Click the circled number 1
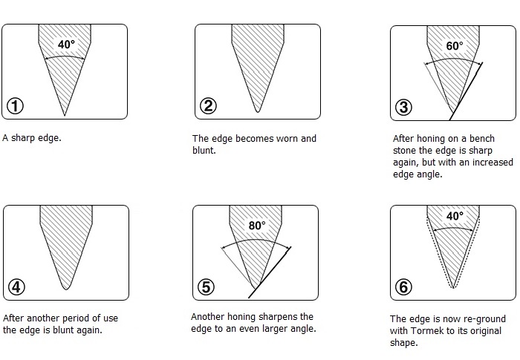pyautogui.click(x=16, y=106)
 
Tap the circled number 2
pyautogui.click(x=208, y=106)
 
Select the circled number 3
pyautogui.click(x=403, y=108)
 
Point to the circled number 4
pyautogui.click(x=16, y=287)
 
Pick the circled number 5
pyautogui.click(x=206, y=287)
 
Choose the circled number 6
pyautogui.click(x=403, y=287)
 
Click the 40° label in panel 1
pyautogui.click(x=66, y=44)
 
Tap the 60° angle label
pyautogui.click(x=455, y=46)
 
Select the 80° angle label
pyautogui.click(x=257, y=226)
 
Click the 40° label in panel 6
pyautogui.click(x=455, y=216)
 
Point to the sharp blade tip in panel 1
pyautogui.click(x=65, y=115)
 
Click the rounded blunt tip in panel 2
pyautogui.click(x=258, y=111)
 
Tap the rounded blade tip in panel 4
pyautogui.click(x=66, y=288)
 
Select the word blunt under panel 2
pyautogui.click(x=204, y=151)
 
